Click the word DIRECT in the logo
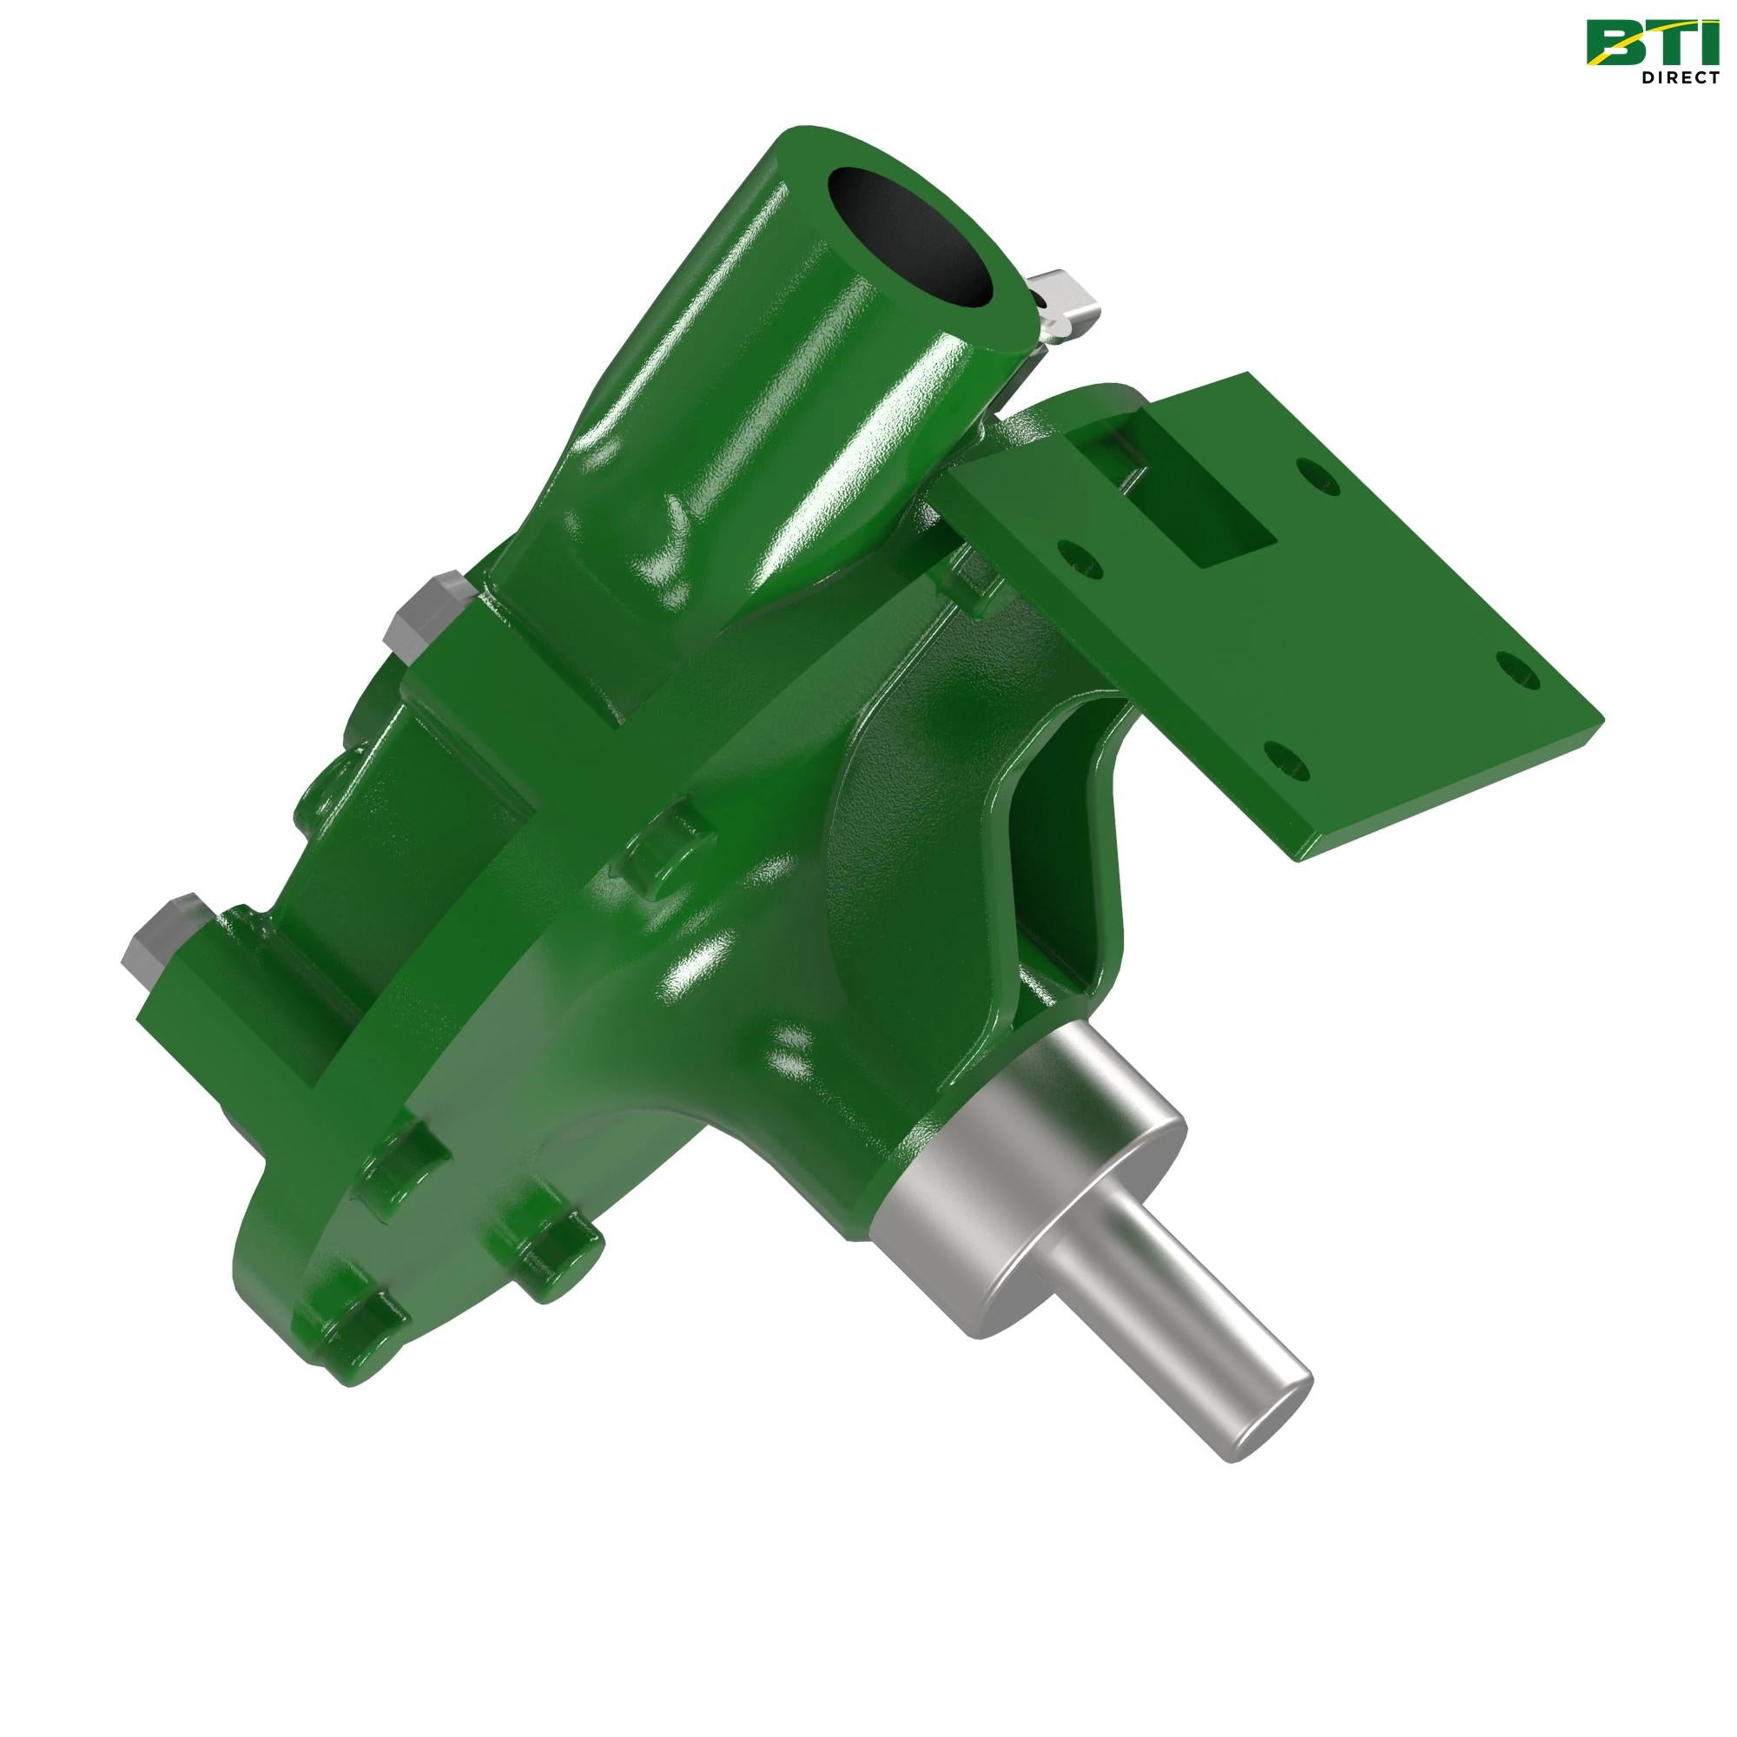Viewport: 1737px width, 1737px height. pos(1680,77)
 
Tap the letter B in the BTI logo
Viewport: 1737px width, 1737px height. pos(1615,43)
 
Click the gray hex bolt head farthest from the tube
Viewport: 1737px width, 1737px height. pos(160,935)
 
